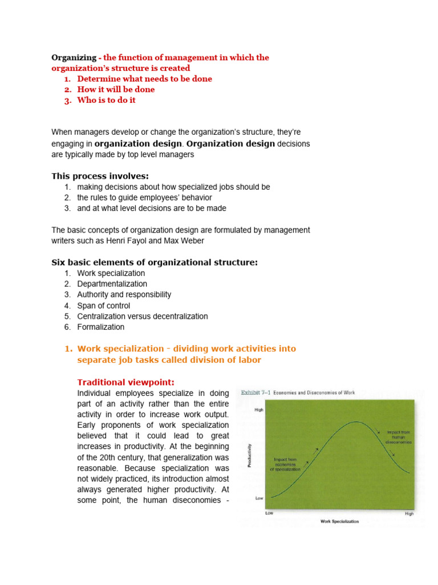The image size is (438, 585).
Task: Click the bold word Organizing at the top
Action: (74, 58)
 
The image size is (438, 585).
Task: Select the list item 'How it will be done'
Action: (116, 90)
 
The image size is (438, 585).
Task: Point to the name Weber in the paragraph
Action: (189, 241)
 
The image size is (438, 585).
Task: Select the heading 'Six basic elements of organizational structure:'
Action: (155, 262)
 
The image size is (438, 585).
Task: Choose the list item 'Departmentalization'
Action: (112, 284)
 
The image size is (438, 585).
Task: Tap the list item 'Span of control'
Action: (103, 306)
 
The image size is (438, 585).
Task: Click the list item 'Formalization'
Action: (100, 327)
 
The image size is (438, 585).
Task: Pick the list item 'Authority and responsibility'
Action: (124, 295)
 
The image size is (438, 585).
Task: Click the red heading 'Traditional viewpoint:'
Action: (117, 382)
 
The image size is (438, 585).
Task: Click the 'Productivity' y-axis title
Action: (250, 455)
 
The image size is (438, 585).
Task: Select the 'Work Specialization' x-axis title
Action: (340, 522)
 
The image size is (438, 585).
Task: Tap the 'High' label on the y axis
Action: (258, 410)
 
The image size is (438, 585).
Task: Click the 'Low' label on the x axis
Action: (270, 513)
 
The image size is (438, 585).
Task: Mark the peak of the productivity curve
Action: (355, 422)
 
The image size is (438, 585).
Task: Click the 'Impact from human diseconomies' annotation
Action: (399, 437)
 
